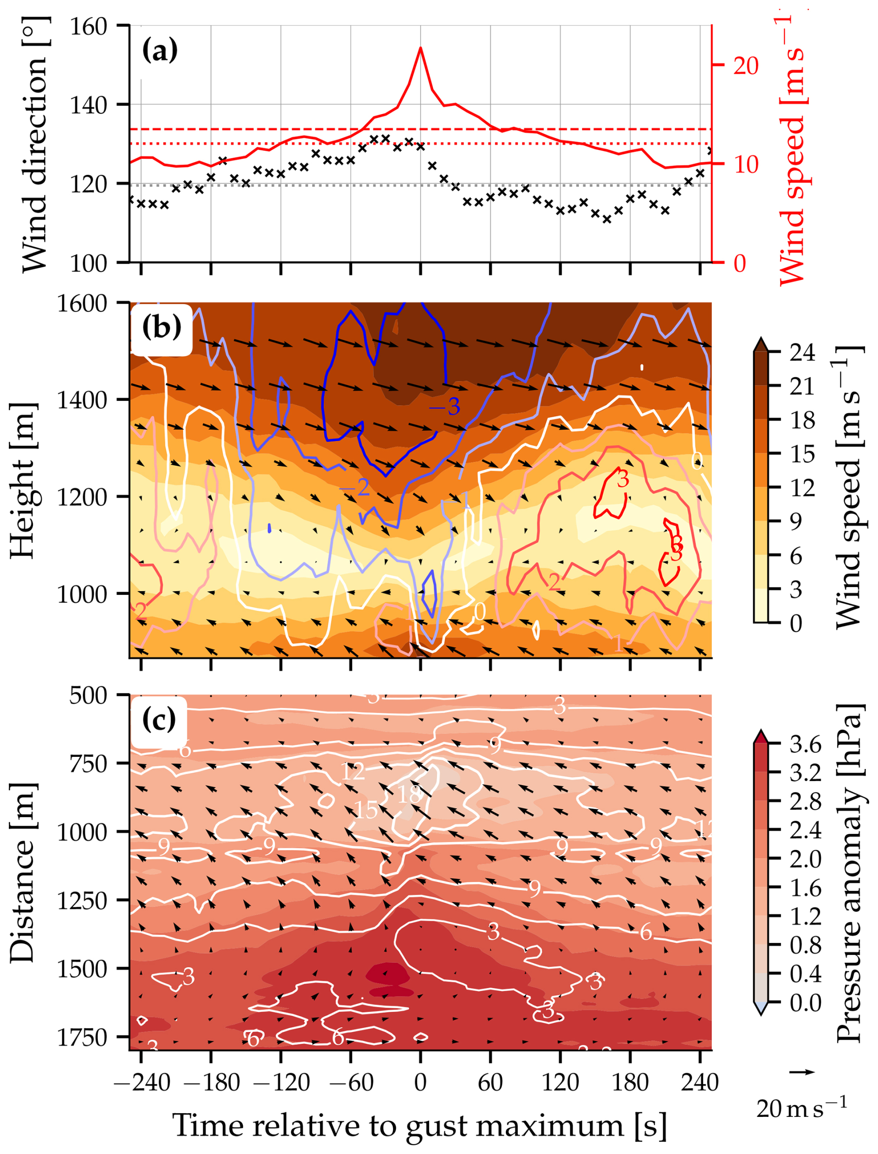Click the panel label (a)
point(160,51)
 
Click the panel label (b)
point(161,328)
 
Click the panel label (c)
point(159,721)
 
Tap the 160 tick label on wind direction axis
point(88,26)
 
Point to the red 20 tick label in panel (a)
point(746,66)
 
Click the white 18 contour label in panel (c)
point(409,794)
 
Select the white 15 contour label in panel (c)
point(366,810)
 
